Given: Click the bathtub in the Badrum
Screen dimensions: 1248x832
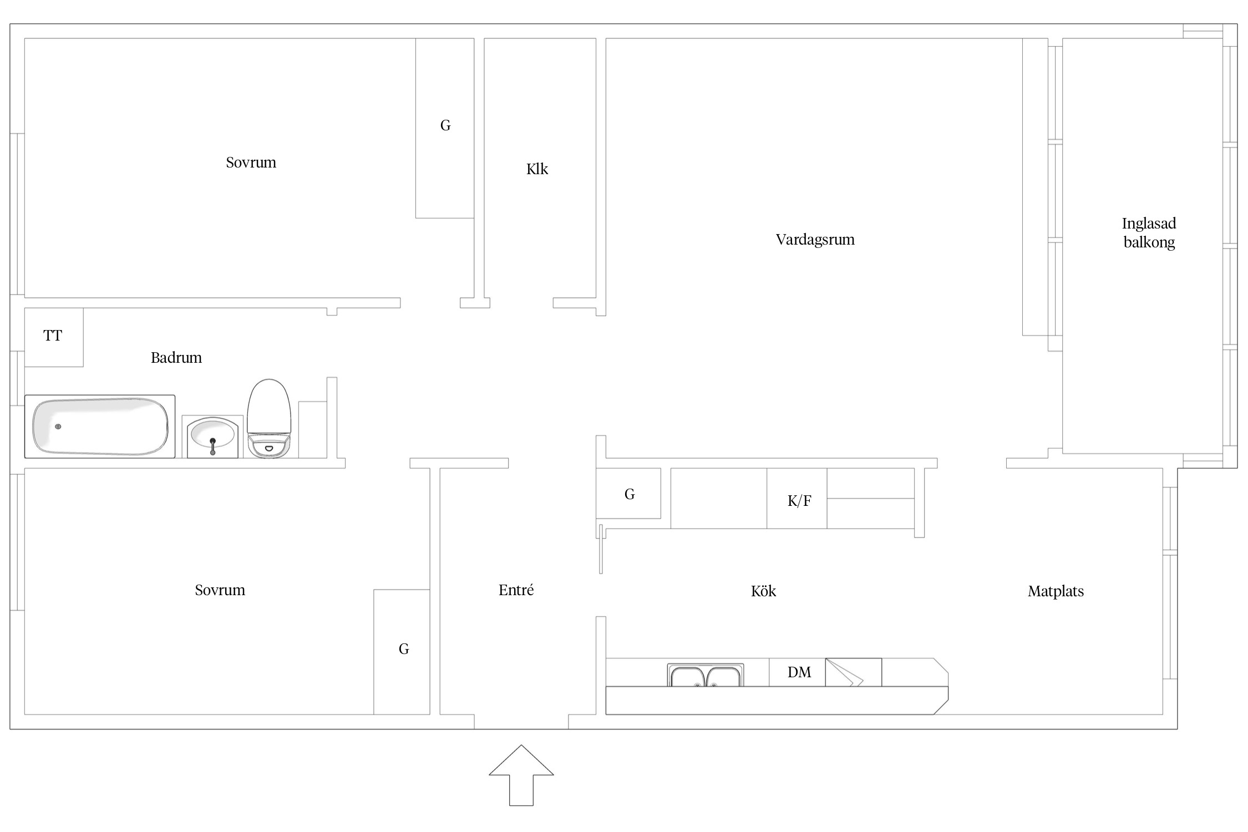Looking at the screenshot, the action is [x=100, y=426].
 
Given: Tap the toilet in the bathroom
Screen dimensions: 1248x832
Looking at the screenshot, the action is [x=269, y=418].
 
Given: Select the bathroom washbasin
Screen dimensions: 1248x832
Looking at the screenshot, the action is [x=212, y=437].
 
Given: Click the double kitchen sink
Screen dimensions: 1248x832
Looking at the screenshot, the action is [x=705, y=675].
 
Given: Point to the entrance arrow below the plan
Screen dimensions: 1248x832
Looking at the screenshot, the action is [x=521, y=775].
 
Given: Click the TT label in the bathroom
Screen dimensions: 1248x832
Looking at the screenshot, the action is [x=53, y=336].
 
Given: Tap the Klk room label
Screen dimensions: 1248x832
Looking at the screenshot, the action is [x=537, y=169].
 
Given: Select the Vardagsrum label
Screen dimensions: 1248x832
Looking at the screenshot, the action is [x=815, y=240].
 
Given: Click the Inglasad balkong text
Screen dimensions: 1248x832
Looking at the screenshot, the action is [x=1149, y=233].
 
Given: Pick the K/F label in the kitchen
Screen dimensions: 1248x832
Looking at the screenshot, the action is [x=799, y=501].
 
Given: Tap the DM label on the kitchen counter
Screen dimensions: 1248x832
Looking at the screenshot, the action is [x=799, y=672].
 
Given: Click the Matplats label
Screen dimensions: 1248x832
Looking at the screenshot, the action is [x=1056, y=591].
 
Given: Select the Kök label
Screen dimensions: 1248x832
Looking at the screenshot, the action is [x=763, y=591].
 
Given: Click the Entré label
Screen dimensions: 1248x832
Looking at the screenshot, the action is [x=516, y=590].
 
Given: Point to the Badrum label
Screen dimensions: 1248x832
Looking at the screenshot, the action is [x=176, y=357].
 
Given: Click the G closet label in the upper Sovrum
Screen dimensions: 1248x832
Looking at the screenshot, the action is [x=445, y=125].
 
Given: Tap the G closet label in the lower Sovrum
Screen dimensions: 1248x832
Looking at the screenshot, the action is [x=404, y=649].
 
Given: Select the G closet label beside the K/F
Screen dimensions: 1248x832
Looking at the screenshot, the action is [x=630, y=494].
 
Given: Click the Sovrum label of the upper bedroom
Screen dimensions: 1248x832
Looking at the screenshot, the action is [x=251, y=163].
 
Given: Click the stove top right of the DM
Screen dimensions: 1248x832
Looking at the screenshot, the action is [x=853, y=672].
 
